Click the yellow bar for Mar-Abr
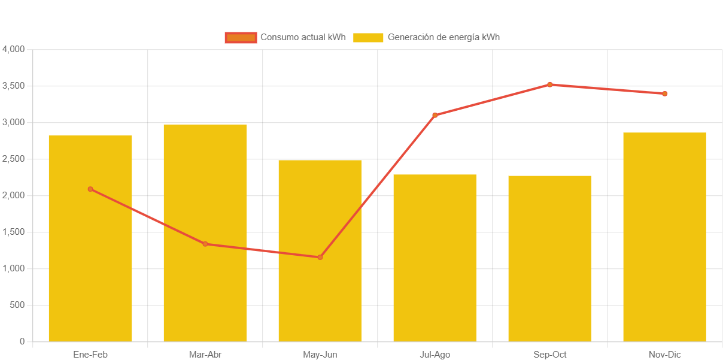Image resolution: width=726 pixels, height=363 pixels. [205, 288]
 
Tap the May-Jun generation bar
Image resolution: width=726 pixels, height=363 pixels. [320, 300]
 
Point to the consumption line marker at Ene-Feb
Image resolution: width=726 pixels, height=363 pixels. [90, 189]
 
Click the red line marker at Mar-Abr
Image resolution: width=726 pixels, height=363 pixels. [205, 244]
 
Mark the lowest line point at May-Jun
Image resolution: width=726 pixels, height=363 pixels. [320, 258]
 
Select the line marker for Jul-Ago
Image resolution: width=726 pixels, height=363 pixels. [435, 115]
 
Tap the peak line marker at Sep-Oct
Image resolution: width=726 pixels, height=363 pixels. [549, 84]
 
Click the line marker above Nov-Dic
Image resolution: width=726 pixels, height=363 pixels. [664, 93]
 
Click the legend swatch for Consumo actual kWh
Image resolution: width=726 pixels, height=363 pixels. [241, 37]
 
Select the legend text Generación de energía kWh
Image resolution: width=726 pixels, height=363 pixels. [444, 37]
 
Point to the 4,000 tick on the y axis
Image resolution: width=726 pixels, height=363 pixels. [14, 49]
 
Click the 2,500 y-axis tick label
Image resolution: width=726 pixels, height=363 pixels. [14, 159]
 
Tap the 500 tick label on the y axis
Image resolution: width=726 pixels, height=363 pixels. [17, 305]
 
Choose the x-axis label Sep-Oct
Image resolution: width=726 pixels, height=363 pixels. [549, 355]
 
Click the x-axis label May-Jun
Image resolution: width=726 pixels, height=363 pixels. [320, 355]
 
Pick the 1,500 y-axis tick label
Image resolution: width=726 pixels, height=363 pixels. [14, 232]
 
